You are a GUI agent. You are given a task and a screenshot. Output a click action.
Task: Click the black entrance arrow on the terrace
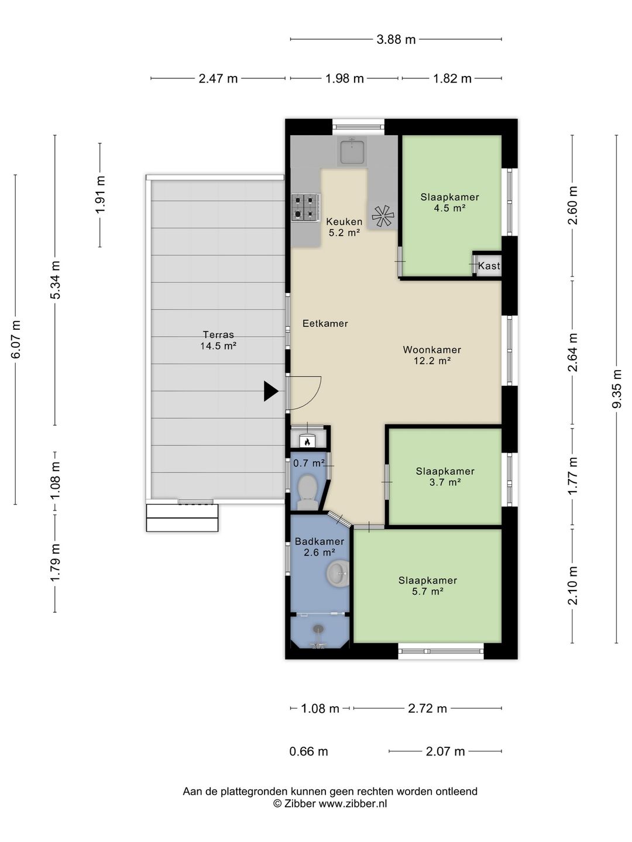pyautogui.click(x=270, y=391)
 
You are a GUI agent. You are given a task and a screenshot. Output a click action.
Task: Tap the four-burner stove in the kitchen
pyautogui.click(x=305, y=208)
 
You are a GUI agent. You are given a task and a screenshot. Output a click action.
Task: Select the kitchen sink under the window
pyautogui.click(x=352, y=152)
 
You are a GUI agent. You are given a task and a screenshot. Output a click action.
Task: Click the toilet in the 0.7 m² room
pyautogui.click(x=307, y=492)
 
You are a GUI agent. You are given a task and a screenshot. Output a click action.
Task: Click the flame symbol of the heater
pyautogui.click(x=307, y=442)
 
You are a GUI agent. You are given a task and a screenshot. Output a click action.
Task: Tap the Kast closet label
pyautogui.click(x=489, y=265)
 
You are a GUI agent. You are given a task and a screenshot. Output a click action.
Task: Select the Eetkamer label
pyautogui.click(x=325, y=323)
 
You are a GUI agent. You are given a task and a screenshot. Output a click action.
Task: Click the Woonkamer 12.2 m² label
pyautogui.click(x=432, y=355)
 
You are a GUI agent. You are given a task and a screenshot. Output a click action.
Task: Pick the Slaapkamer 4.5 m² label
pyautogui.click(x=450, y=202)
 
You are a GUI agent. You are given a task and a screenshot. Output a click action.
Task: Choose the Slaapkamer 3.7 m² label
pyautogui.click(x=445, y=477)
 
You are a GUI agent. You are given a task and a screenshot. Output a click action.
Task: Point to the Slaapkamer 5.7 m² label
pyautogui.click(x=427, y=585)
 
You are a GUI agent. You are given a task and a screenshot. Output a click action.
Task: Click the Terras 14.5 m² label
pyautogui.click(x=218, y=340)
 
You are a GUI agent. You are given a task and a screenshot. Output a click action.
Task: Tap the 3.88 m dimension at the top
pyautogui.click(x=396, y=40)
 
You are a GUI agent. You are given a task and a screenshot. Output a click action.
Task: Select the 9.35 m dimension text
pyautogui.click(x=616, y=389)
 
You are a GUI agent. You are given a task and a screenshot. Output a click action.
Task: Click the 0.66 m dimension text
pyautogui.click(x=308, y=751)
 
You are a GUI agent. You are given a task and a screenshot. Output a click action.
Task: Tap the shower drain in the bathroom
pyautogui.click(x=318, y=629)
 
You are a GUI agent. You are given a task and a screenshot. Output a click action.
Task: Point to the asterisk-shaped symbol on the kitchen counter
pyautogui.click(x=383, y=216)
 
